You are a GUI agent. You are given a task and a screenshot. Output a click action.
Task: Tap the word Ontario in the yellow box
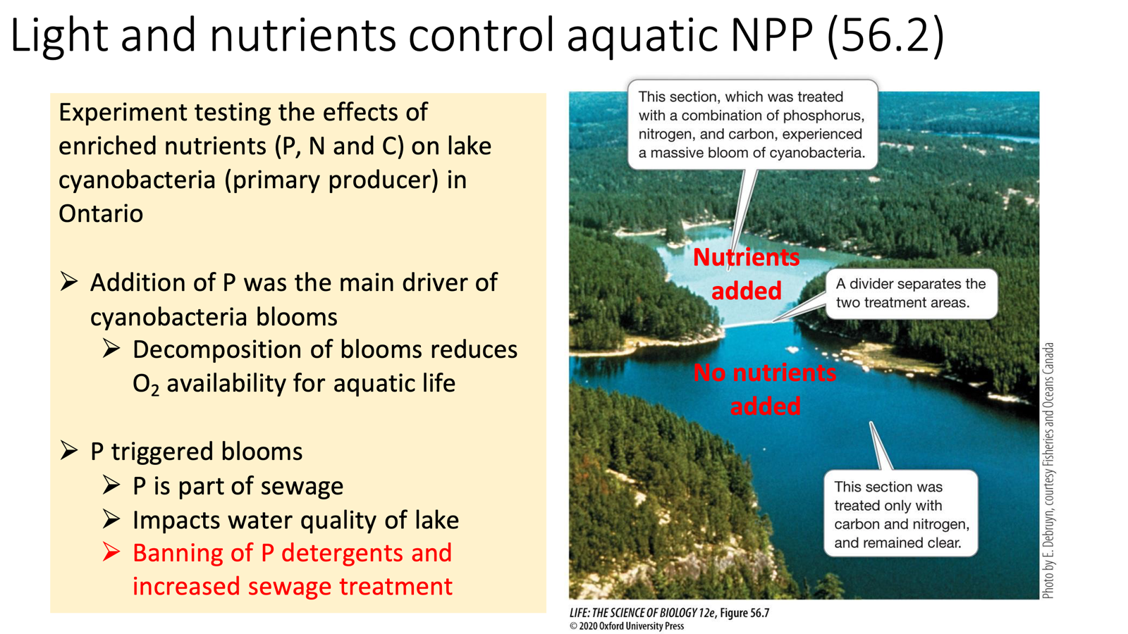pos(101,213)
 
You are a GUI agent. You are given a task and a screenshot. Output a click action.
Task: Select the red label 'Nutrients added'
pos(746,274)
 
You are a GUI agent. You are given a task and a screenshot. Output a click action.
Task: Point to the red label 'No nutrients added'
pos(765,389)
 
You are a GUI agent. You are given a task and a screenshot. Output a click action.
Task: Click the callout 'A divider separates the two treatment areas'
pos(911,294)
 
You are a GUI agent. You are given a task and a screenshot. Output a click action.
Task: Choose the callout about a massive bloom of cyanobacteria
pos(752,125)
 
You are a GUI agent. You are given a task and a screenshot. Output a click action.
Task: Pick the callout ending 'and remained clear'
pos(901,514)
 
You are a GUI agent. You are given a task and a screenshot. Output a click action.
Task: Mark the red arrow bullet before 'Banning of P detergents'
pos(111,552)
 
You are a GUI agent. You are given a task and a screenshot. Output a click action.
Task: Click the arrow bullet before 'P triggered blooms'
pos(69,451)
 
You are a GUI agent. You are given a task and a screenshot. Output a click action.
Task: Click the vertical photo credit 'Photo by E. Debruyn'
pos(1048,471)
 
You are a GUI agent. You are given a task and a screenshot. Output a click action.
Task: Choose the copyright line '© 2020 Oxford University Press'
pos(627,626)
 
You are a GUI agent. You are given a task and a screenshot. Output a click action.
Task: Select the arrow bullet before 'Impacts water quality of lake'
pos(111,520)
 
